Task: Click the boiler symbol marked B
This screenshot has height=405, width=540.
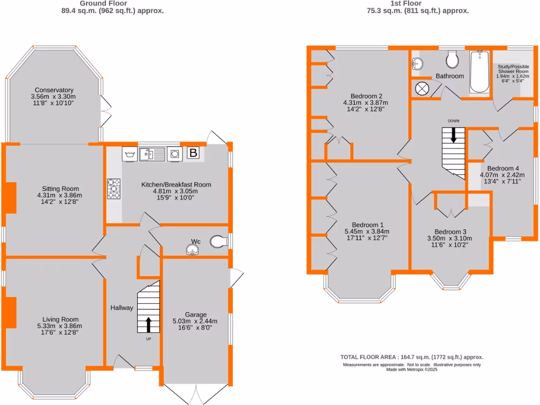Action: pos(194,153)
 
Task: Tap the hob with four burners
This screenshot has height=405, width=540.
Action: pos(113,189)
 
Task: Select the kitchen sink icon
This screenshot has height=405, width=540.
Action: pos(149,154)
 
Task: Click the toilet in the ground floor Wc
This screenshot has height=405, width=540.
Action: pos(218,242)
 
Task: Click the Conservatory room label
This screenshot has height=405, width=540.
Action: pos(54,90)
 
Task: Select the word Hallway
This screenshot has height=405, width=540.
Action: pos(122,307)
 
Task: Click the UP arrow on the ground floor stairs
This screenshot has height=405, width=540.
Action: pos(148,324)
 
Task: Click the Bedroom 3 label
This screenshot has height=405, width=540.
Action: pos(450,232)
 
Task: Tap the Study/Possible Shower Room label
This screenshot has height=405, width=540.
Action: pos(513,69)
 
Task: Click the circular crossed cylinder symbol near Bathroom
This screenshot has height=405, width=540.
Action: pos(422,88)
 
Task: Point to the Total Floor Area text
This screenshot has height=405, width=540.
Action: pos(412,357)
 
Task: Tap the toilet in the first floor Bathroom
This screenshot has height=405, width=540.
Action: pos(452,60)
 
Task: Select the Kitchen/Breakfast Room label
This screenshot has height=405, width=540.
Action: pos(176,185)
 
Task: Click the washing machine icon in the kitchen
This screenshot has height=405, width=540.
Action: pos(174,154)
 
